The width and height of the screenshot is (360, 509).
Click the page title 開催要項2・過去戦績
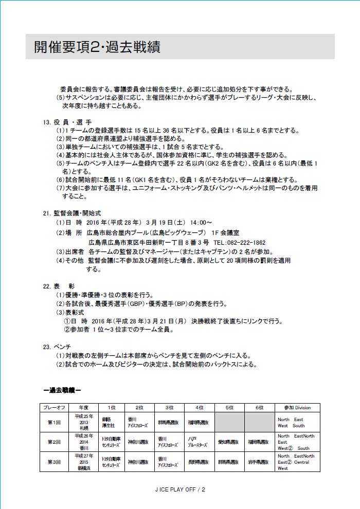(97, 47)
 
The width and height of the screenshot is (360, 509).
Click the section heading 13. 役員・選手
(67, 122)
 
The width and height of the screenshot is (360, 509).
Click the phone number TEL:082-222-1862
(239, 242)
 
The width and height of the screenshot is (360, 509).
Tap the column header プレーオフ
(55, 408)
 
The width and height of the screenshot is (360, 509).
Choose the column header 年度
(84, 408)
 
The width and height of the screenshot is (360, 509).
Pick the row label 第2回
(55, 442)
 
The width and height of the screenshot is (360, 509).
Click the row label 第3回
(55, 462)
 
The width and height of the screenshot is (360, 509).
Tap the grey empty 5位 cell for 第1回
(229, 422)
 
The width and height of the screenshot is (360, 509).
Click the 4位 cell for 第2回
(200, 442)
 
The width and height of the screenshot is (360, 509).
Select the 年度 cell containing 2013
(84, 422)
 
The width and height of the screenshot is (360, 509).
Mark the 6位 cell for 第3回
(260, 462)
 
